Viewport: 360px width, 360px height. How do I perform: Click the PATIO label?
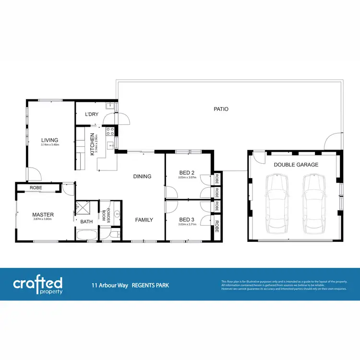click(x=221, y=109)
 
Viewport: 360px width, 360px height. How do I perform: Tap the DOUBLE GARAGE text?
click(x=296, y=165)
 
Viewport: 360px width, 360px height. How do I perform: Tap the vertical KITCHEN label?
click(x=92, y=144)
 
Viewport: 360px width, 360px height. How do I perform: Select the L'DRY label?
click(x=91, y=114)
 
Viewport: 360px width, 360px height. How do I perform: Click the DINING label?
click(x=142, y=176)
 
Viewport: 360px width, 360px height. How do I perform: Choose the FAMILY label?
click(x=144, y=220)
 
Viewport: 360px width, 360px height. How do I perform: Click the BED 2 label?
click(x=186, y=172)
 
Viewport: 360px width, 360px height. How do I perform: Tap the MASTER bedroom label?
click(x=43, y=214)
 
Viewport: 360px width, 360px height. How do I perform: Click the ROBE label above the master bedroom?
click(x=36, y=188)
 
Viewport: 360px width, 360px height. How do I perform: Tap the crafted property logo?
click(x=37, y=284)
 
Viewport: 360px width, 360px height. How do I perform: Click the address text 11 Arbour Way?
click(x=110, y=285)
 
